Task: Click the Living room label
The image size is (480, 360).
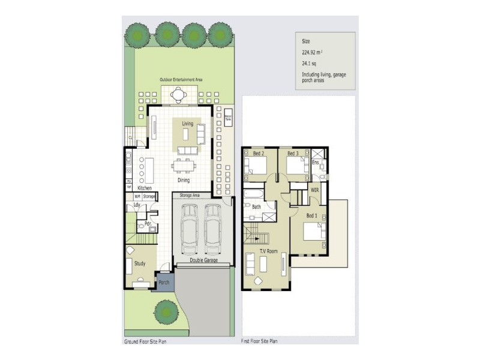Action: click(x=187, y=123)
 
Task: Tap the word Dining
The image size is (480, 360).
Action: click(x=184, y=180)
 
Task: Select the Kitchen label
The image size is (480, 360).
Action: click(x=144, y=188)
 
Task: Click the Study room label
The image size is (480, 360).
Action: click(x=139, y=263)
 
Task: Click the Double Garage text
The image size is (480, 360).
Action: click(x=203, y=260)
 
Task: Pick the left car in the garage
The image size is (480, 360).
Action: click(x=190, y=228)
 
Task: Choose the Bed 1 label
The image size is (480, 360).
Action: click(x=312, y=215)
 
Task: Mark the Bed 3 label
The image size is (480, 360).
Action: click(x=292, y=154)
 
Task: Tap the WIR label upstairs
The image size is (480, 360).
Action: click(x=314, y=190)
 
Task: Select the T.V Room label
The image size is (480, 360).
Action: click(x=267, y=251)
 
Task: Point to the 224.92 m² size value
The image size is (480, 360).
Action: click(x=314, y=52)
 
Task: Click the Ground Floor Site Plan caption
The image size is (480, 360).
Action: click(x=145, y=340)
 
